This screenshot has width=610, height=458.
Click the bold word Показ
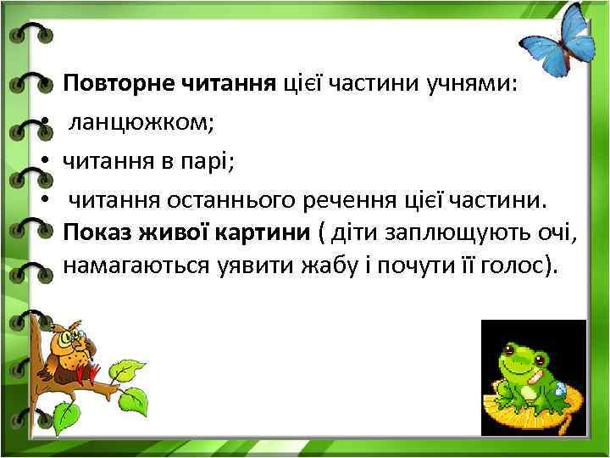(92, 232)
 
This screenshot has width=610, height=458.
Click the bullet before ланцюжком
(49, 123)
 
